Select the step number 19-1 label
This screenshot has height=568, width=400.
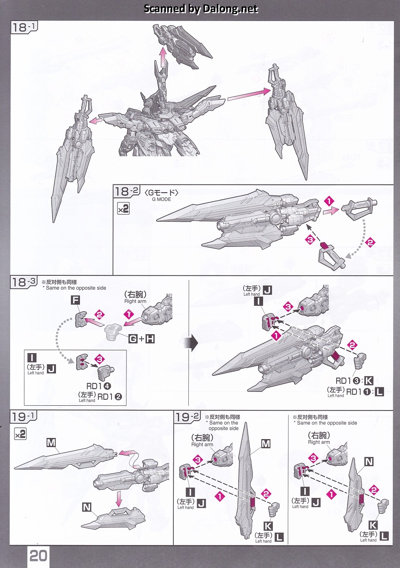(x=23, y=417)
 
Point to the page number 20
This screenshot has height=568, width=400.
(x=38, y=556)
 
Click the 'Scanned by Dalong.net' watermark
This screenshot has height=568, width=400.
(x=201, y=9)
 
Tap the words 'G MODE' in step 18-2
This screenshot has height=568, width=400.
(x=161, y=199)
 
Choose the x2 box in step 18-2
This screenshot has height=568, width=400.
(x=123, y=208)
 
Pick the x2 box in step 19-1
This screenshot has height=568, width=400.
(x=20, y=434)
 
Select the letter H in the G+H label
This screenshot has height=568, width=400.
(x=150, y=339)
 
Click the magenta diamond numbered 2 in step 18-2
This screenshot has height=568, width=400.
(x=370, y=242)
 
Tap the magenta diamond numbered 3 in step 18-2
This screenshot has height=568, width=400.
(x=310, y=239)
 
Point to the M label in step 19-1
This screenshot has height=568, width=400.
(x=51, y=443)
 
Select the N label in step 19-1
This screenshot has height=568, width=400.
(x=87, y=507)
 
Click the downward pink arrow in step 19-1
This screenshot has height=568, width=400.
(x=119, y=498)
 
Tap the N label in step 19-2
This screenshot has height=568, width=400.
(x=369, y=461)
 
